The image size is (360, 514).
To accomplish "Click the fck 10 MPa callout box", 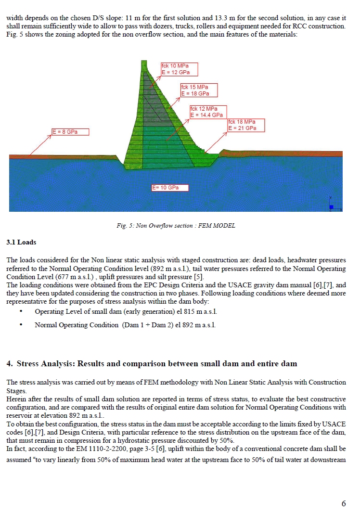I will pyautogui.click(x=179, y=69).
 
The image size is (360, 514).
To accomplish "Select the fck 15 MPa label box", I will pyautogui.click(x=199, y=90).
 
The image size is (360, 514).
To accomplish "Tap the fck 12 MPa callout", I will pyautogui.click(x=208, y=112).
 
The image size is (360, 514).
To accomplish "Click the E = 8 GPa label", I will pyautogui.click(x=71, y=131).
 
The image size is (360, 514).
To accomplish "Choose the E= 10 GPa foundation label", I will pyautogui.click(x=169, y=187).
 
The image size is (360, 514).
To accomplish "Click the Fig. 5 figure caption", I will pyautogui.click(x=176, y=225).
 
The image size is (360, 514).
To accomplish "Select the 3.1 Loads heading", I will pyautogui.click(x=21, y=242).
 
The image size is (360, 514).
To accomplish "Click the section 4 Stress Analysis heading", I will pyautogui.click(x=152, y=363).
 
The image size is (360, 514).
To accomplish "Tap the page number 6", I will pyautogui.click(x=343, y=503).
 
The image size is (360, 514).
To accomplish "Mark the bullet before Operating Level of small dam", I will pyautogui.click(x=22, y=312).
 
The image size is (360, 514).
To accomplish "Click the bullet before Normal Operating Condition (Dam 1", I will pyautogui.click(x=22, y=325).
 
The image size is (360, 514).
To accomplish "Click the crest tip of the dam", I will pyautogui.click(x=143, y=62).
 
